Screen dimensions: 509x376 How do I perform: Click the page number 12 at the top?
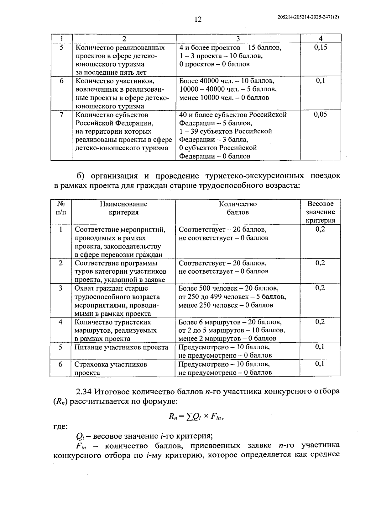point(198,19)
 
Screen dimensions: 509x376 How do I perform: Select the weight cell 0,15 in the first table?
point(320,47)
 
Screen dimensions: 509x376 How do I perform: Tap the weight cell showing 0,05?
point(320,115)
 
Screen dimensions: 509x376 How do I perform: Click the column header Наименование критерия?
point(123,208)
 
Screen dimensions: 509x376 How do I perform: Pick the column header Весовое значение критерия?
point(320,212)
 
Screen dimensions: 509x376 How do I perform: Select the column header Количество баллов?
point(238,208)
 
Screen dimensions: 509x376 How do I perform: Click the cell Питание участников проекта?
point(122,347)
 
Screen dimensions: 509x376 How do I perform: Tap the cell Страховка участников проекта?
point(111,368)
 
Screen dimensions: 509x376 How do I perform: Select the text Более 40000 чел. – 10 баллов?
point(227,81)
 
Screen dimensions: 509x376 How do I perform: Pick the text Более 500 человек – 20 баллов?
point(228,288)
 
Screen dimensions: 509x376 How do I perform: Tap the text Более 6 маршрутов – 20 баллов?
point(230,322)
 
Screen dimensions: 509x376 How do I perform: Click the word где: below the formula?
point(60,426)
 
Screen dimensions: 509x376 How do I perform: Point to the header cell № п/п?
point(61,208)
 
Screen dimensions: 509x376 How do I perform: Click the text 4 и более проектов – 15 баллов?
point(230,48)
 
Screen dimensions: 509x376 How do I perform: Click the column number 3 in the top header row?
point(238,39)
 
